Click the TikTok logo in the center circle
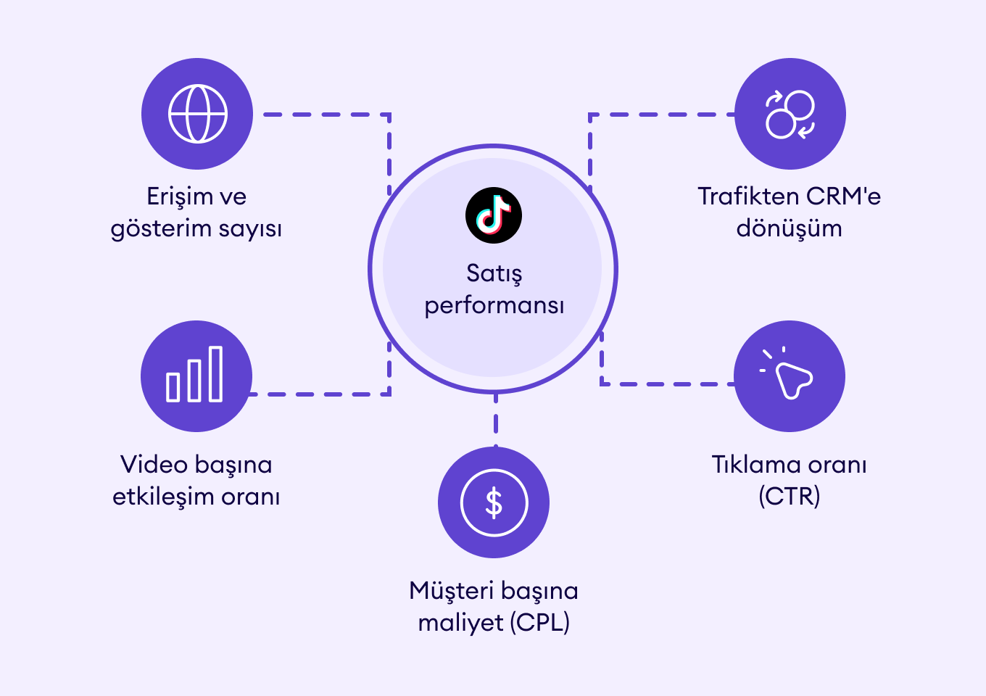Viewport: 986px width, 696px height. tap(494, 215)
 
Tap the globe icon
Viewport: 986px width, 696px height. tap(197, 114)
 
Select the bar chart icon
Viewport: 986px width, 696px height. tap(196, 376)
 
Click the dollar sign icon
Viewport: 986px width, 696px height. tap(494, 502)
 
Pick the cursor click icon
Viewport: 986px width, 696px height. tap(790, 376)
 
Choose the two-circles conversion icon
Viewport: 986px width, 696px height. tap(790, 114)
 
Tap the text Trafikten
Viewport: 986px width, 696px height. tap(748, 196)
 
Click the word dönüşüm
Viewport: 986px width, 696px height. tap(790, 228)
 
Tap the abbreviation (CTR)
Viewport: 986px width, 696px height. tap(790, 497)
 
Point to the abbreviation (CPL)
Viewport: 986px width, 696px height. tap(540, 623)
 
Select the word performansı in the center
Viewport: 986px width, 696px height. tap(494, 305)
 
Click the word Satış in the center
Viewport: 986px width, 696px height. tap(494, 273)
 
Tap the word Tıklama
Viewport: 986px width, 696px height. tap(750, 465)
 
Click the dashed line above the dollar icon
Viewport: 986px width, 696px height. tap(495, 420)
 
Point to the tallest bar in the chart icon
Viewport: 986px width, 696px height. tap(215, 373)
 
